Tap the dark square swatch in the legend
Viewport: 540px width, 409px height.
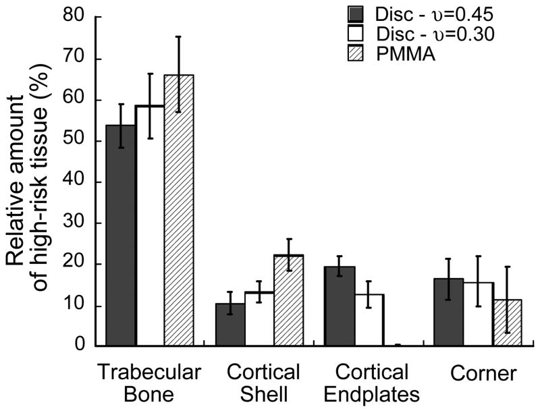356,13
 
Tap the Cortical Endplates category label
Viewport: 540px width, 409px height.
370,382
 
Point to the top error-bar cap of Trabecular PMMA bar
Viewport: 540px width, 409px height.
178,36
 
